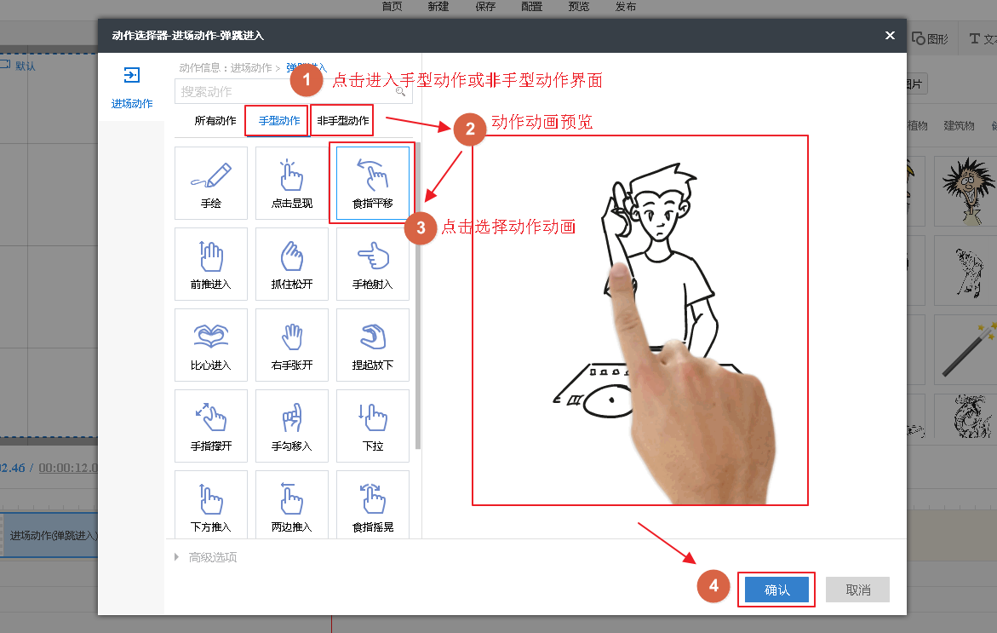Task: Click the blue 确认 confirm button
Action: point(776,590)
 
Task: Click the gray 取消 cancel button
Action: point(857,590)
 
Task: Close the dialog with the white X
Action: point(890,35)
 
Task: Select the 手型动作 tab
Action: point(279,121)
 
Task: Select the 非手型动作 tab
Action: point(343,121)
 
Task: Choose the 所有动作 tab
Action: point(215,121)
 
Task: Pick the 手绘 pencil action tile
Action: point(211,183)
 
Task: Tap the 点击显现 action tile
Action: point(292,183)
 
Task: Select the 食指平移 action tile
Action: point(373,183)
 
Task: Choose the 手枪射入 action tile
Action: point(373,264)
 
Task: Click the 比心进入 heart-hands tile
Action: point(211,345)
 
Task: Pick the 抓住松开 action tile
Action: point(292,264)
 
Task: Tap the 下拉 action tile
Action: point(373,426)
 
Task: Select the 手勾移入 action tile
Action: point(292,426)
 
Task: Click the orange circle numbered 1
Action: point(307,81)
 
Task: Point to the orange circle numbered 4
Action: point(713,586)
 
